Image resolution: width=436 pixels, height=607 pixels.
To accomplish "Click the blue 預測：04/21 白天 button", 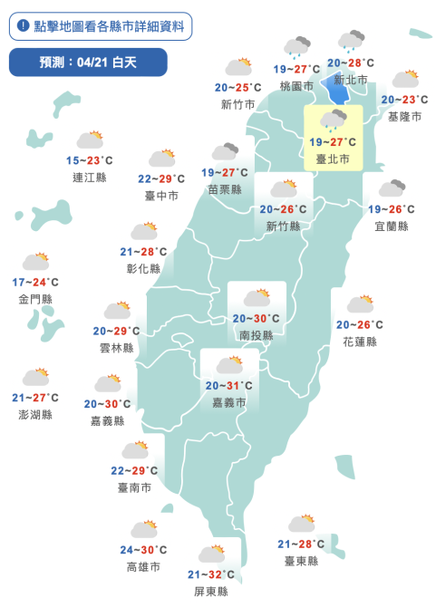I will [88, 63].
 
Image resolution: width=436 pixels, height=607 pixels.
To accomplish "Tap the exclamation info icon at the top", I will [22, 26].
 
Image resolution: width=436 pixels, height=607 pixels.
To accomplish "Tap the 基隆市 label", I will [404, 116].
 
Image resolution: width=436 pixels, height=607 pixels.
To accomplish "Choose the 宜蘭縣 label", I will [391, 226].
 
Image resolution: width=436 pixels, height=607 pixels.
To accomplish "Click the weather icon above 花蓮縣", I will [360, 304].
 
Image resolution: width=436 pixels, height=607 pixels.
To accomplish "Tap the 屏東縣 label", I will [211, 591].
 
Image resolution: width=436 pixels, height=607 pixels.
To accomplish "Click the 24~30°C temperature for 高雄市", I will [143, 550].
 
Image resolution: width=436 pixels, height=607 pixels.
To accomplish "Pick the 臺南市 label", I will [133, 487].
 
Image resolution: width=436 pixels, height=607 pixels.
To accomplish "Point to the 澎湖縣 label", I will [35, 414].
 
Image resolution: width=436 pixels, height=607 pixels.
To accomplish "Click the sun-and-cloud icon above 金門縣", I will [35, 263].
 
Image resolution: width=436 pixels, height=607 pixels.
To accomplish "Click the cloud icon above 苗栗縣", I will [224, 152].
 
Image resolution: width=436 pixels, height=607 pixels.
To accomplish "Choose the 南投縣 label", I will [257, 334].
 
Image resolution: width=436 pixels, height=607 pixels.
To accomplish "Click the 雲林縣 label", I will [116, 348].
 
